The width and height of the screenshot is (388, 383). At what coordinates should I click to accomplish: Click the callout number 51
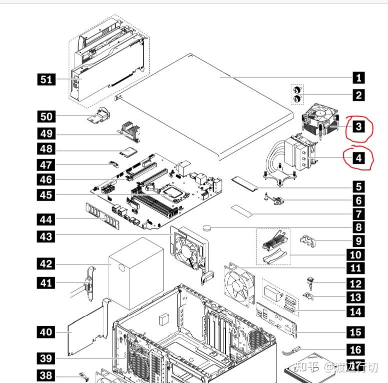46,79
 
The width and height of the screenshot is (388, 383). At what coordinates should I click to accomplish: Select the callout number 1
358,77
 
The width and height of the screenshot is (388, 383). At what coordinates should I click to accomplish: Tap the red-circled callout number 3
358,126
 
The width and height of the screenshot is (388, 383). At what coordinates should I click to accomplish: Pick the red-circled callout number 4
358,159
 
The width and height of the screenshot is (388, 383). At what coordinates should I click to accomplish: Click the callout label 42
46,263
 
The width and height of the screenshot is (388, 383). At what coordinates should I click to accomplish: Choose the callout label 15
358,331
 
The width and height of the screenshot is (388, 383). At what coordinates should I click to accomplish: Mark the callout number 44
46,218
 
